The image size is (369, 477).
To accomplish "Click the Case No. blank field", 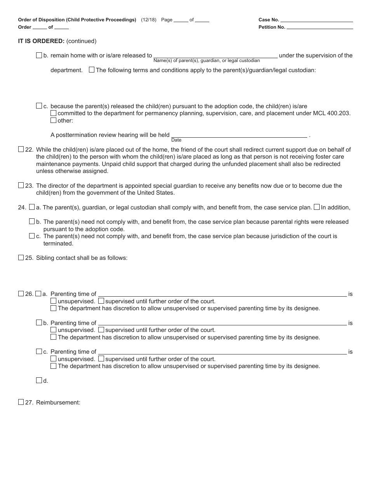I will (x=317, y=19).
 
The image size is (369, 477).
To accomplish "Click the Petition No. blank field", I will (x=320, y=27).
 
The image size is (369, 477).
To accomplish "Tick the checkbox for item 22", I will (x=21, y=149).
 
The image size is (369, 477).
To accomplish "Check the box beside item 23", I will (x=21, y=185).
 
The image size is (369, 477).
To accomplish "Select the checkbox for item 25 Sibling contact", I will (x=21, y=258).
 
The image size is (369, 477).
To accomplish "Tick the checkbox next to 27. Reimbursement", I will (x=21, y=402).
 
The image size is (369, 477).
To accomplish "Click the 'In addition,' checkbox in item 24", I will (x=317, y=207).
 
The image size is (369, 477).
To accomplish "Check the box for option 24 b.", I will (x=32, y=221).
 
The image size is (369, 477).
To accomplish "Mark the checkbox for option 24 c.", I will (x=32, y=236).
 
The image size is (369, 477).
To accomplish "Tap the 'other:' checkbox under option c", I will (x=54, y=120).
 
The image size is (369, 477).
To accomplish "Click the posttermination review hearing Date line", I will (x=239, y=135).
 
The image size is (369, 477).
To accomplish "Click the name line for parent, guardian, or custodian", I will (x=216, y=55).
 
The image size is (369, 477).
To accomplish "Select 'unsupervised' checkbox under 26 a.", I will (x=54, y=301).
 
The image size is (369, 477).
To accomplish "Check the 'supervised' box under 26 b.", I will (x=101, y=330).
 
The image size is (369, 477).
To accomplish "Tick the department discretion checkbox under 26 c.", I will (x=54, y=366).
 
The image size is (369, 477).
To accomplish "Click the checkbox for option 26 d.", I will (x=39, y=380).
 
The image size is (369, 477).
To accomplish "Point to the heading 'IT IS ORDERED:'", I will (x=41, y=41).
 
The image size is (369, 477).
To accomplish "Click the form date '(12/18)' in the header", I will (x=149, y=20).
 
